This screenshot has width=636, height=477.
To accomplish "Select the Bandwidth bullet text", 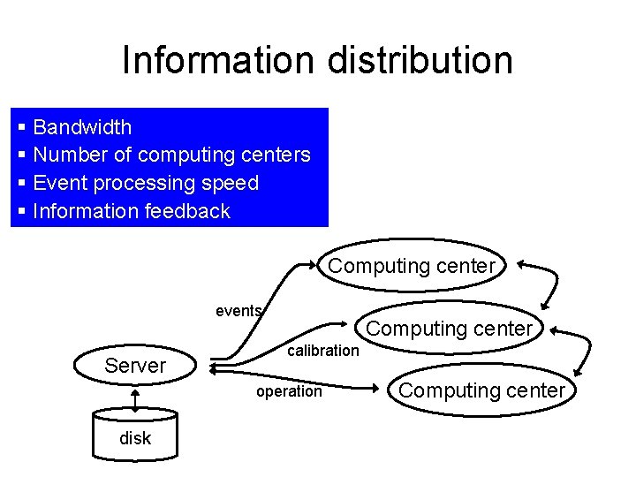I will (x=82, y=127).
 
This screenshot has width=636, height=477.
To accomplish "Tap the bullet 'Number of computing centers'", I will (x=171, y=155).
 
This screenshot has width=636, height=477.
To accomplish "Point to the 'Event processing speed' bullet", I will (x=146, y=184).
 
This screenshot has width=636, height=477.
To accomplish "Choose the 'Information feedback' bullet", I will (x=131, y=212).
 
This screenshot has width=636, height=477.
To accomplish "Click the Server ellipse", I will (x=135, y=366).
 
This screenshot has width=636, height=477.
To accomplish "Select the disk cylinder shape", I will (x=135, y=434).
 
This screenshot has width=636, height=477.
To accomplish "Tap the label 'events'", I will (x=238, y=311).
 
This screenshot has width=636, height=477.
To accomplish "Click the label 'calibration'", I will (x=324, y=351).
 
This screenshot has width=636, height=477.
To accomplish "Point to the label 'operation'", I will (x=289, y=391).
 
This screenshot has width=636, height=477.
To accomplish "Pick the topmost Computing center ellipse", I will (x=413, y=266).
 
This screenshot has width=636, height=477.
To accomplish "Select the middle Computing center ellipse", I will (x=449, y=329).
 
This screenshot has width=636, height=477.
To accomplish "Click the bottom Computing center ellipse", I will (x=481, y=390).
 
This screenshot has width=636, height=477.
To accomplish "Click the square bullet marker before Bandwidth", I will (x=21, y=128).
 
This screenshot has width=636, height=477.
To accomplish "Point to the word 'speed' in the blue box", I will (x=229, y=184).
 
